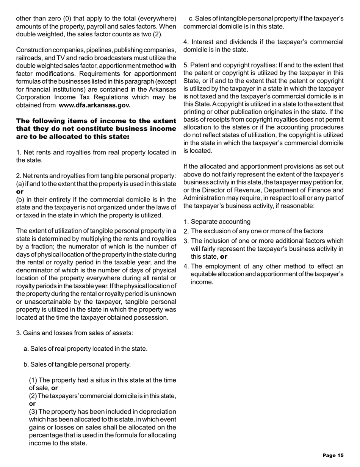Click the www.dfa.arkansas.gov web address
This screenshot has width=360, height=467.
point(95,105)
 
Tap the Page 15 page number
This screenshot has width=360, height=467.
point(333,455)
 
